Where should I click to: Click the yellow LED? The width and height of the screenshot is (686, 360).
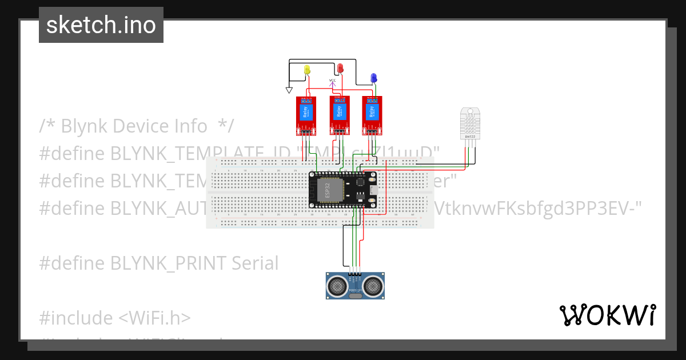coord(307,69)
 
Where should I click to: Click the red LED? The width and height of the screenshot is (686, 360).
coord(341,68)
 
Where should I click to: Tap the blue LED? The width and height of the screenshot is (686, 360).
coord(373,77)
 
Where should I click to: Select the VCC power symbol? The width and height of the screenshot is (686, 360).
coord(333,83)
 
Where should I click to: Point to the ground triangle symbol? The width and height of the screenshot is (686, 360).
coord(289,90)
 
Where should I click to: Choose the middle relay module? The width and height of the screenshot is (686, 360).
coord(340,114)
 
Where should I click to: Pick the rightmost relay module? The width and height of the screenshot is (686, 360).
coord(373,114)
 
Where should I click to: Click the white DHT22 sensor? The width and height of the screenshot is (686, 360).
coord(470,122)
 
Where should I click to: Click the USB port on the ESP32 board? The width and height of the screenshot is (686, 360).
coord(373,190)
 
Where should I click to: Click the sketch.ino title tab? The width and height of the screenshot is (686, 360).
coord(101,25)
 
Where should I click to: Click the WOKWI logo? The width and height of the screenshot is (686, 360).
coord(607,315)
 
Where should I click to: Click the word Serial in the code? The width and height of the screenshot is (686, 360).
coord(255,263)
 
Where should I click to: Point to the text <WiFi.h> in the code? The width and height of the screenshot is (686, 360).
coord(154,318)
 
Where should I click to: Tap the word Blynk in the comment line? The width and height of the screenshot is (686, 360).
coord(85,126)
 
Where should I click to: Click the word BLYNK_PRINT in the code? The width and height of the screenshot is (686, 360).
coord(169,263)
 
